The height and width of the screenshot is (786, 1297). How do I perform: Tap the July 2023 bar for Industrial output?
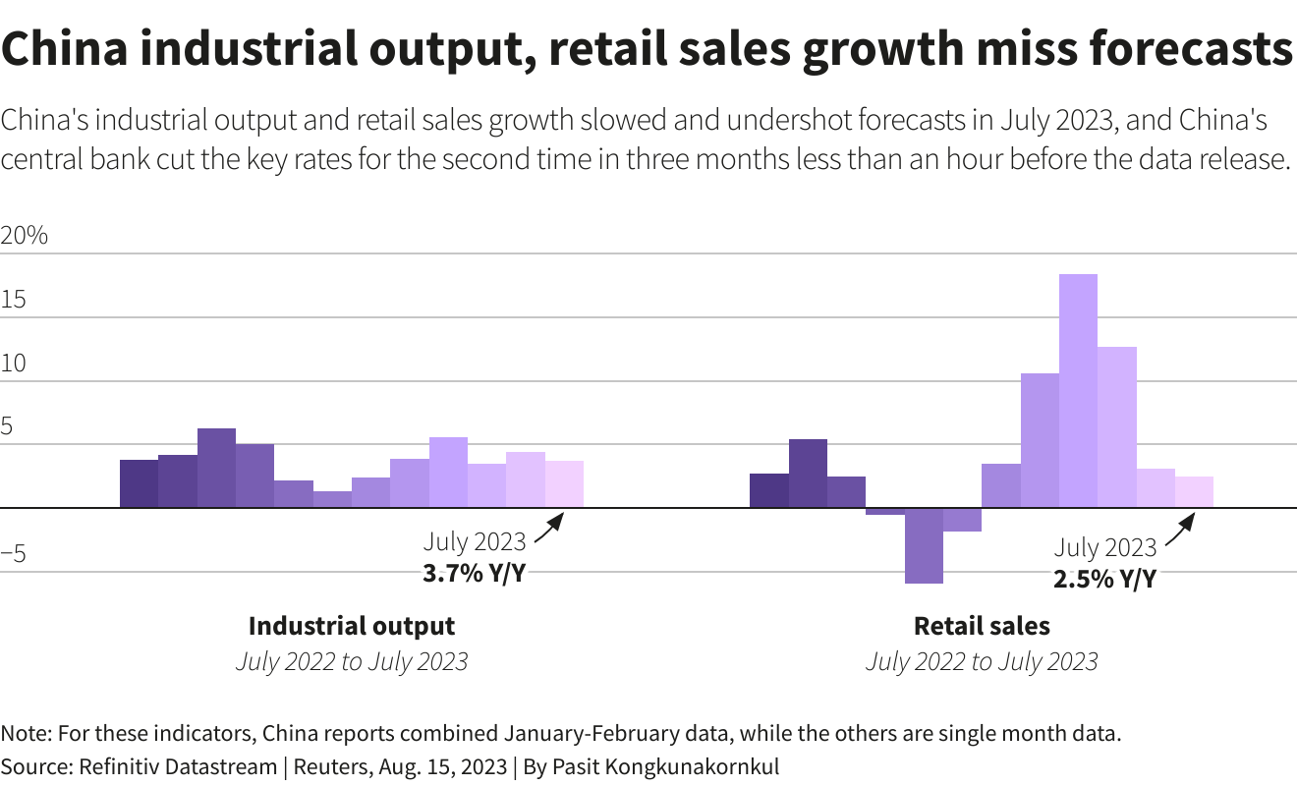(x=564, y=483)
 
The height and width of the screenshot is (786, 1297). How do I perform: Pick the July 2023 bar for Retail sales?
(x=1194, y=491)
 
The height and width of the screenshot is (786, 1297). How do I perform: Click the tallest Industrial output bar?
(x=216, y=468)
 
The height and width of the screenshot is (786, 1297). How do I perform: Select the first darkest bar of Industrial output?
(x=139, y=483)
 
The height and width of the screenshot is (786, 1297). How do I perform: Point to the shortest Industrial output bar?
(x=332, y=499)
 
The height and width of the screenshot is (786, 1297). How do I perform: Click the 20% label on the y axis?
(x=25, y=237)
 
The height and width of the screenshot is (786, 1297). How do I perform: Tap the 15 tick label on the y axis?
(x=14, y=301)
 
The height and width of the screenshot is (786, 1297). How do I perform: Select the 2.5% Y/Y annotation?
(x=1104, y=580)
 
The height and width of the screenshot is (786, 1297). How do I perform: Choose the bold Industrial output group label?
(x=352, y=626)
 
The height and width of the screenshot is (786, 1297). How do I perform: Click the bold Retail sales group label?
(x=982, y=626)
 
